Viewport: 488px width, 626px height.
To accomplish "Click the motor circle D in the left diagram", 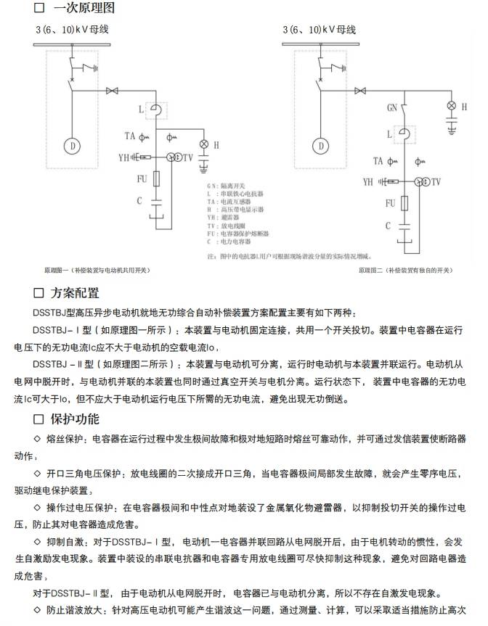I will tap(73, 146).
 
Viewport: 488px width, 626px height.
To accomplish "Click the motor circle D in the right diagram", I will tap(320, 146).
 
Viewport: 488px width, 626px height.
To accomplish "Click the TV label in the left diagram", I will tap(188, 157).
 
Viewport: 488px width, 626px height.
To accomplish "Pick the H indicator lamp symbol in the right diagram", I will tap(451, 106).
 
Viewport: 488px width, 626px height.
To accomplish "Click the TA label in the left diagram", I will tap(129, 136).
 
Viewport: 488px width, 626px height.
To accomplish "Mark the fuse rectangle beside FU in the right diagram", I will tap(404, 204).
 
